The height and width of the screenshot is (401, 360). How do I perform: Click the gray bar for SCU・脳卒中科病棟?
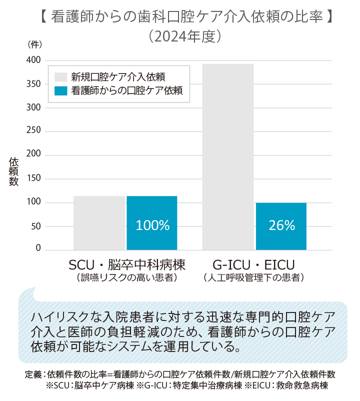click(99, 222)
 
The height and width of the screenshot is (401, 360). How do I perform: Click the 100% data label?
click(152, 225)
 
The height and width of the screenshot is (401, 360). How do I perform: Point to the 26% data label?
click(281, 225)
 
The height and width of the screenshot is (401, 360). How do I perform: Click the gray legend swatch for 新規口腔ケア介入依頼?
click(60, 76)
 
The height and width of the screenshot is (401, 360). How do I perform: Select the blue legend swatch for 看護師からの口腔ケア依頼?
click(60, 91)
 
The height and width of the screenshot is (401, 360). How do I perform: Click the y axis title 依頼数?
click(13, 171)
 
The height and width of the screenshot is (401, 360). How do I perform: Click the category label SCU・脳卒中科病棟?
click(127, 264)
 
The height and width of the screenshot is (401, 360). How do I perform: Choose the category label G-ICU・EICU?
click(254, 264)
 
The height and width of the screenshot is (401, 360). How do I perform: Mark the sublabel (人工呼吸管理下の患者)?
click(254, 276)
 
